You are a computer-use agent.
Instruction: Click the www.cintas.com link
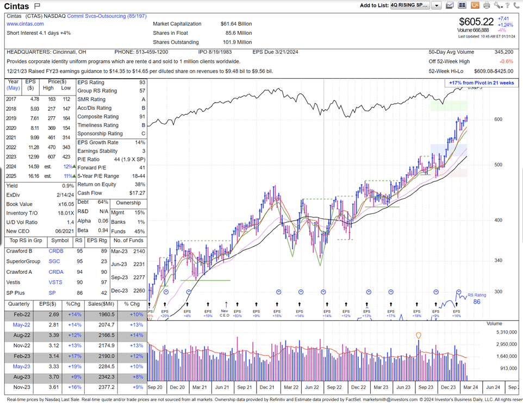coord(25,24)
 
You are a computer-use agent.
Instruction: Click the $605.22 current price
coord(476,22)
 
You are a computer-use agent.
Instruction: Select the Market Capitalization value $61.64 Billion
coord(236,24)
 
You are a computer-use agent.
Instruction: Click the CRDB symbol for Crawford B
coord(56,251)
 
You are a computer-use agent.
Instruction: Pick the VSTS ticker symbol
coord(56,282)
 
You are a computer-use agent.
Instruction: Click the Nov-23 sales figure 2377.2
coord(106,388)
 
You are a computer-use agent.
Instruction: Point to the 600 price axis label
coord(498,119)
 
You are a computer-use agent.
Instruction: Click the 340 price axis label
coord(498,261)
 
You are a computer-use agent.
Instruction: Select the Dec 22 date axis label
coord(358,387)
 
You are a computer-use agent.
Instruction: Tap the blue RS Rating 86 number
coord(477,302)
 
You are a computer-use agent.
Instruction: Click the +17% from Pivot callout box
coord(481,83)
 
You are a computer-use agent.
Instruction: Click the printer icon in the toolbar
coord(487,5)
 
